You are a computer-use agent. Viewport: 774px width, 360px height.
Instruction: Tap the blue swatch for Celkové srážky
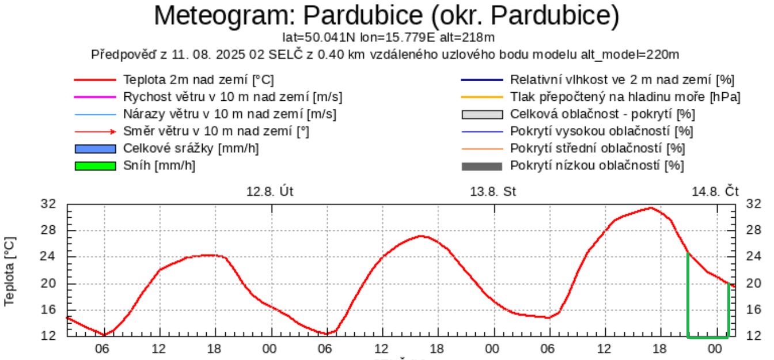(x=96, y=149)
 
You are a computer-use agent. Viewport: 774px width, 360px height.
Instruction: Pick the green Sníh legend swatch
(x=96, y=166)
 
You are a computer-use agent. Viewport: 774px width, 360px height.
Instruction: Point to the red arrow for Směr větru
(x=96, y=131)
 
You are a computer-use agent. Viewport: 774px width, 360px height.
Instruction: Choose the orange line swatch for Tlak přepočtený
(x=482, y=97)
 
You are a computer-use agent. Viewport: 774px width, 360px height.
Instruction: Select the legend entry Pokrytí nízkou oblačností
(x=597, y=166)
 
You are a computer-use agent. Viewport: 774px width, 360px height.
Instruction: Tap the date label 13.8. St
(x=494, y=191)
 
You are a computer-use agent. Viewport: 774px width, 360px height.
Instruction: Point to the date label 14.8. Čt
(x=715, y=191)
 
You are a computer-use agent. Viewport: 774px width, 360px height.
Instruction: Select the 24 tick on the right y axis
(x=753, y=256)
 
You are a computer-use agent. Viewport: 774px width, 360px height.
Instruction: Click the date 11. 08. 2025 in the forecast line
(x=188, y=55)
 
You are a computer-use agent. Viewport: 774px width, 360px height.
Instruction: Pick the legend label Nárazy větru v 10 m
(x=230, y=114)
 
